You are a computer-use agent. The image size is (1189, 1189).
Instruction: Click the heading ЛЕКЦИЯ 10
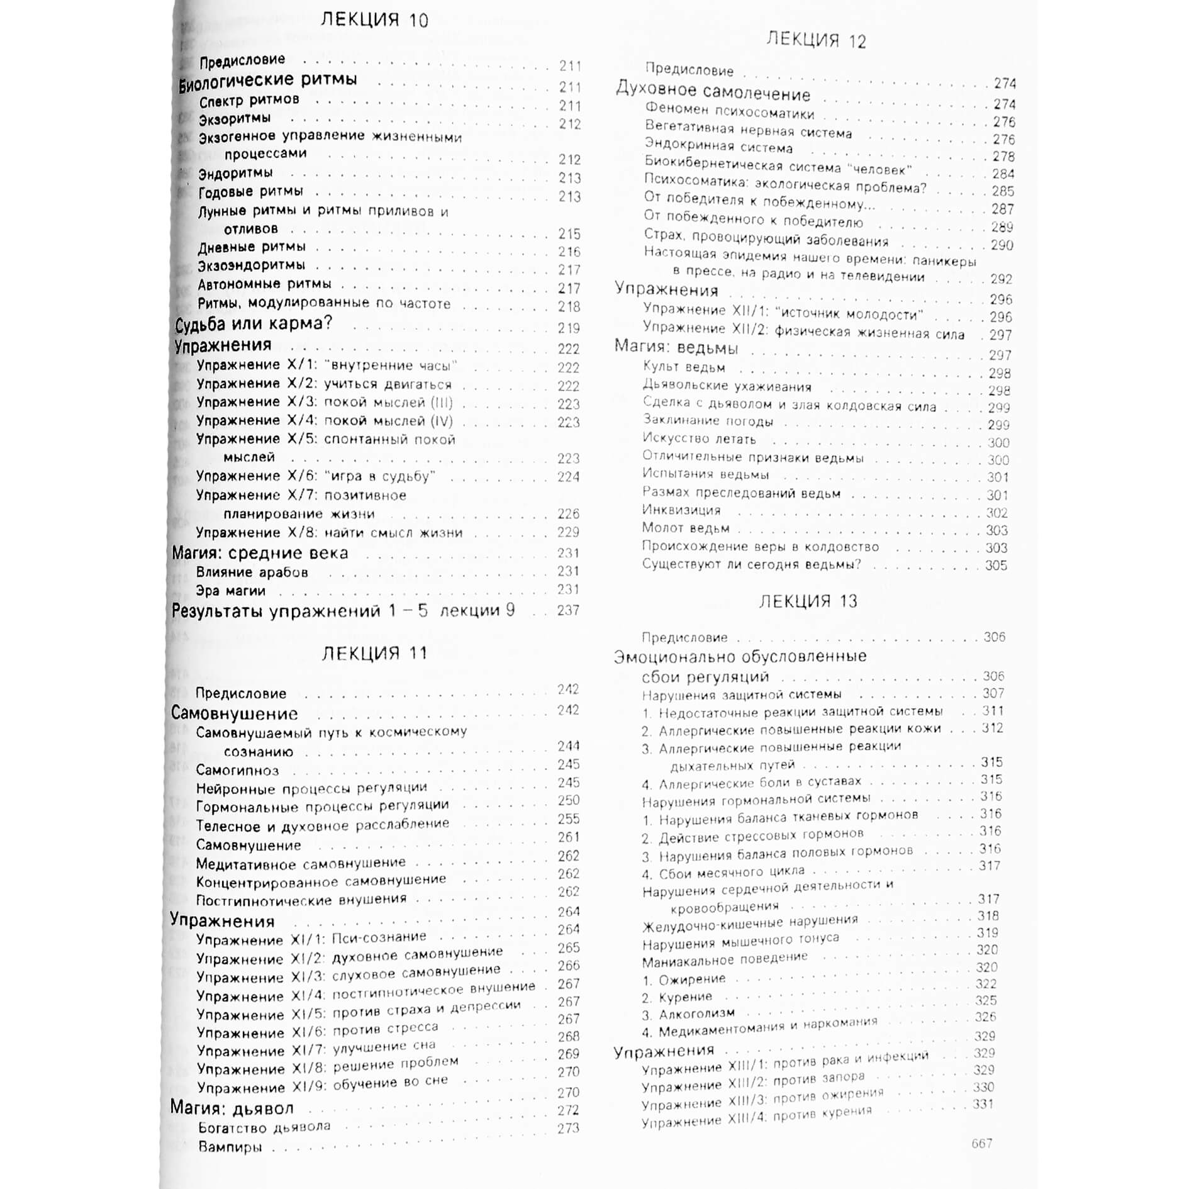[374, 20]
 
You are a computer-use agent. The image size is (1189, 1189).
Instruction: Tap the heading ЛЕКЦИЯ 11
[374, 653]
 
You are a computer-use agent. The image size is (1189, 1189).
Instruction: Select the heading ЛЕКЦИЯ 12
[816, 40]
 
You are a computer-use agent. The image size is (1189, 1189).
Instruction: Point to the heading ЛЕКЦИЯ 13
[808, 601]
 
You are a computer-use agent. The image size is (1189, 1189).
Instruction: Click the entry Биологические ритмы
[268, 81]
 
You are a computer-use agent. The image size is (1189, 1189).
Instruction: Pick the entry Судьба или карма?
[253, 325]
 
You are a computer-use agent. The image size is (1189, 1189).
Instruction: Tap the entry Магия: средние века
[260, 553]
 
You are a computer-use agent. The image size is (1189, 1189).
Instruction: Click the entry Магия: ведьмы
[676, 347]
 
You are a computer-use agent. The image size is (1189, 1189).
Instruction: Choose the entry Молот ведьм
[686, 528]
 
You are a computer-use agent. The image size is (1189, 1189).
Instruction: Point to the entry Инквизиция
[681, 510]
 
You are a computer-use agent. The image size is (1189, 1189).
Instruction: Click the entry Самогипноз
[237, 770]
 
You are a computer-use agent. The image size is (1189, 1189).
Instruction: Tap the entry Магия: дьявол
[232, 1108]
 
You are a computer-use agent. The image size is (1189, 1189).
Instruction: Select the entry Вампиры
[230, 1147]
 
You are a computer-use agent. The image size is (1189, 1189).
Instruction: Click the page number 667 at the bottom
[981, 1143]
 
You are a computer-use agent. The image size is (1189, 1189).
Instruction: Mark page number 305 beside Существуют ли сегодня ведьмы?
[996, 566]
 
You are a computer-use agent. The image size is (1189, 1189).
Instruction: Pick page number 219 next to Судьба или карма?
[569, 328]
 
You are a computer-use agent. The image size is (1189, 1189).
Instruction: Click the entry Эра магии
[230, 591]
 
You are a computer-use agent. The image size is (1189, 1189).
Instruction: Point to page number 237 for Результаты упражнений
[568, 610]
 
